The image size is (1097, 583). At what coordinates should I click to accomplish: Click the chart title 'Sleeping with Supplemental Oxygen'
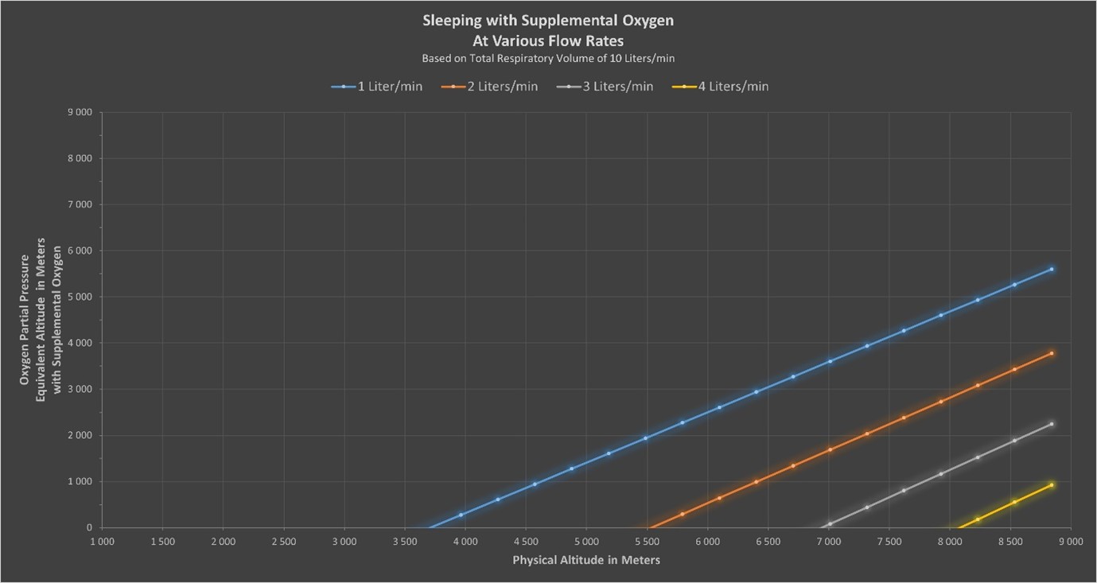[547, 21]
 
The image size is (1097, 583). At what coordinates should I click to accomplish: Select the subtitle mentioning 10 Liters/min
[547, 58]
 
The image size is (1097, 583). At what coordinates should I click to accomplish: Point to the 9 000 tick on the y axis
[81, 112]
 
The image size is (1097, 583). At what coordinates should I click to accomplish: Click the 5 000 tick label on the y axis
[81, 297]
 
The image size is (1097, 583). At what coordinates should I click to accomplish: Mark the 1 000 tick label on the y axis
[81, 481]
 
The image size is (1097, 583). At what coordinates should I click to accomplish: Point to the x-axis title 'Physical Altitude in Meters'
[585, 560]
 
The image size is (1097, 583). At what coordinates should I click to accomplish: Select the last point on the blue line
[1052, 270]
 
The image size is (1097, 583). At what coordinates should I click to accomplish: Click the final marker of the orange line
[1052, 353]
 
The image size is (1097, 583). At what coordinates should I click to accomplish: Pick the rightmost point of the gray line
[1052, 424]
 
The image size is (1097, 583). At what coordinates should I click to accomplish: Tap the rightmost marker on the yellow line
[1052, 485]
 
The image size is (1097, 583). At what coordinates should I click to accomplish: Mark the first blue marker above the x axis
[461, 515]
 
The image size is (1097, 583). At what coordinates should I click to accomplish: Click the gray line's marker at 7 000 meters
[830, 524]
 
